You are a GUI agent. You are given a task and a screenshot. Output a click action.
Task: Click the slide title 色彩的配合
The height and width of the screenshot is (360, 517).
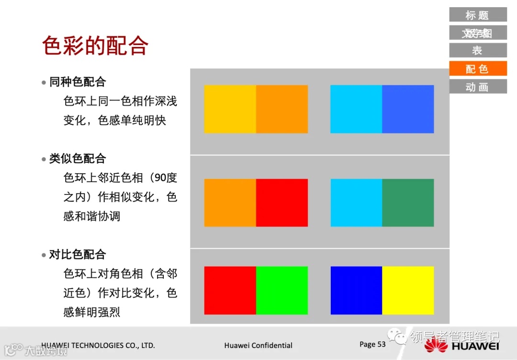pyautogui.click(x=95, y=46)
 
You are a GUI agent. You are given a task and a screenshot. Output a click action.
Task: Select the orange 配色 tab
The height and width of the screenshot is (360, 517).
pyautogui.click(x=478, y=68)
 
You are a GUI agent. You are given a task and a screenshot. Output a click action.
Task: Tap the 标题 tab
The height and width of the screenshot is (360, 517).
pyautogui.click(x=478, y=15)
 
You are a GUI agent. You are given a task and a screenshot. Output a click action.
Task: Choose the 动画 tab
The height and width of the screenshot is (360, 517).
pyautogui.click(x=478, y=87)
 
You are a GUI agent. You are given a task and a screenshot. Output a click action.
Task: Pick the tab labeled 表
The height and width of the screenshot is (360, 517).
pyautogui.click(x=478, y=50)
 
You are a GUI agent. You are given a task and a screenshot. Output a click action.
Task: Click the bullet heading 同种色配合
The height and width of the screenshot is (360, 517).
pyautogui.click(x=77, y=82)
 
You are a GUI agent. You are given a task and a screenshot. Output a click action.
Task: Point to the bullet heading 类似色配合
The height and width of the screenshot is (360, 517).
pyautogui.click(x=77, y=158)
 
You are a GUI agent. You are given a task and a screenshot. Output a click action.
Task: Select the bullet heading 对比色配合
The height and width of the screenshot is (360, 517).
pyautogui.click(x=77, y=254)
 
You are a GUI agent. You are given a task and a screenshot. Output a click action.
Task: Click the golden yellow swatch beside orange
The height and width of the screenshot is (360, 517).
pyautogui.click(x=230, y=109)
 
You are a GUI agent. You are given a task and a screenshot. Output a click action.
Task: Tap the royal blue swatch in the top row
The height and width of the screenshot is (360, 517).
pyautogui.click(x=408, y=109)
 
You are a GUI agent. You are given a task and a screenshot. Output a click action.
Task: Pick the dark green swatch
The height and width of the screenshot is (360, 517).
pyautogui.click(x=408, y=202)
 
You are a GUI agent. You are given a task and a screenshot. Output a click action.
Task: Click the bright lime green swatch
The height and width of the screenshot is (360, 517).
pyautogui.click(x=282, y=290)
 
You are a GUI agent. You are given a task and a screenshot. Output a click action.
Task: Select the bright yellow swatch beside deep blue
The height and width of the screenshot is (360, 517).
pyautogui.click(x=408, y=290)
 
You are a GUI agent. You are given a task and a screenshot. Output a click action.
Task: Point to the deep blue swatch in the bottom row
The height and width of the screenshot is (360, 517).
pyautogui.click(x=356, y=290)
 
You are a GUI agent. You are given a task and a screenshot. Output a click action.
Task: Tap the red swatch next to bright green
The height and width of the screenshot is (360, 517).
pyautogui.click(x=230, y=290)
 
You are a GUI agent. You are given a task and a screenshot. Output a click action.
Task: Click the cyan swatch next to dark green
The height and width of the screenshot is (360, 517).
pyautogui.click(x=356, y=202)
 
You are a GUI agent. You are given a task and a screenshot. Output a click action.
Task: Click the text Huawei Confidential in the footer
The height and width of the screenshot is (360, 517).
pyautogui.click(x=258, y=345)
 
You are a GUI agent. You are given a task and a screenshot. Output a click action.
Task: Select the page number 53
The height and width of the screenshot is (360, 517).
pyautogui.click(x=381, y=344)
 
